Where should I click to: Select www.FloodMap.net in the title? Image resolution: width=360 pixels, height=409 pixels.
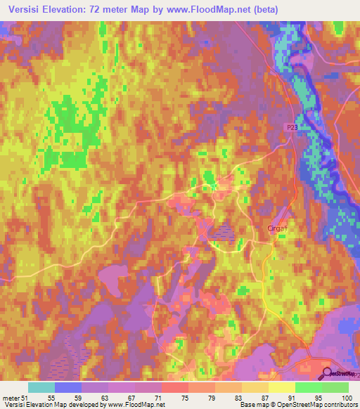coord(214,10)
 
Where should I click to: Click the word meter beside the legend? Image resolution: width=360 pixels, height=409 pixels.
coord(11,398)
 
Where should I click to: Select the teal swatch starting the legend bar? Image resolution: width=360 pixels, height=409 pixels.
coord(41,387)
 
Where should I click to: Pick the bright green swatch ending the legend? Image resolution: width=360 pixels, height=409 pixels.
coord(335,387)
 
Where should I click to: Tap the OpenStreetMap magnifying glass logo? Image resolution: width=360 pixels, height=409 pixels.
coord(328,373)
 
